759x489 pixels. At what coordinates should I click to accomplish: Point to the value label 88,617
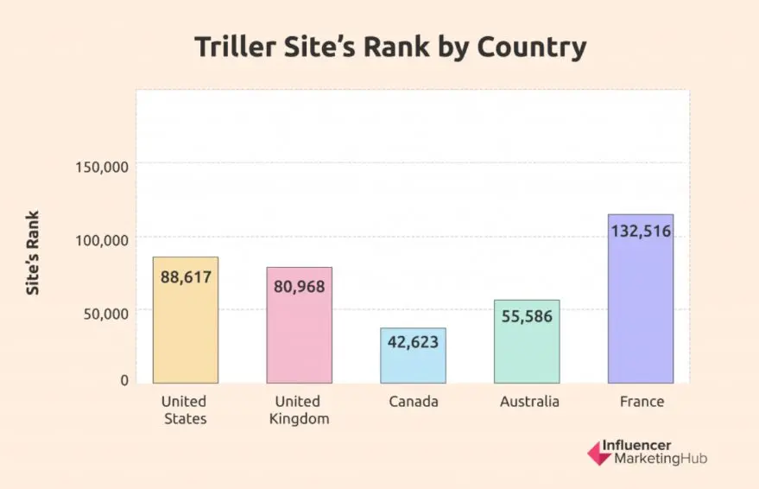coord(186,277)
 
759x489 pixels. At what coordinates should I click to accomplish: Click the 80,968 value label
coord(299,287)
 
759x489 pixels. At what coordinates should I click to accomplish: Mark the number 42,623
coord(413,341)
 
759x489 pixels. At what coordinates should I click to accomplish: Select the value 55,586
coord(527,316)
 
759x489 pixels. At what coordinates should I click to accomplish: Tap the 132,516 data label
coord(641,232)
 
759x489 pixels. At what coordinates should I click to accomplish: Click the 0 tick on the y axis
coord(124,380)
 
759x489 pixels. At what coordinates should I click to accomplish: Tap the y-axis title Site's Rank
coord(33,253)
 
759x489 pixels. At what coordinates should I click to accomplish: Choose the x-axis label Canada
coord(413,402)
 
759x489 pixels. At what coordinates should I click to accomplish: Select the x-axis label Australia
coord(529,402)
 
